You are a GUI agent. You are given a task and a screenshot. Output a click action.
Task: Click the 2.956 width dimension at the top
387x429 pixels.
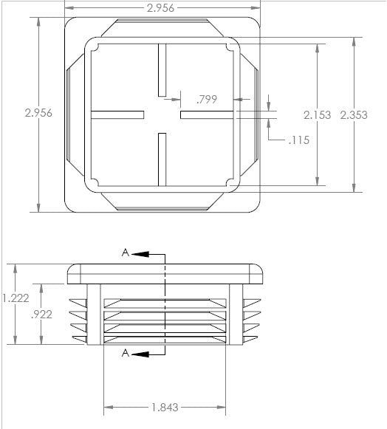click(x=160, y=8)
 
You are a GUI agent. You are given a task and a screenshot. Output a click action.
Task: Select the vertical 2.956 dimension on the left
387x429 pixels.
click(x=38, y=113)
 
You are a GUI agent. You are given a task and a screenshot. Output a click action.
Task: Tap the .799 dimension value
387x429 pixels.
click(x=207, y=100)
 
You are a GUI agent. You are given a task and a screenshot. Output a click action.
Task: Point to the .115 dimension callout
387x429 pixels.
click(x=299, y=140)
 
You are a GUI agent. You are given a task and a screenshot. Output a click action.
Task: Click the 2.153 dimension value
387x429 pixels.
click(x=318, y=115)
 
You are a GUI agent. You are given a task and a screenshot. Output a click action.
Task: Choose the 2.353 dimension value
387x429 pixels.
click(x=354, y=115)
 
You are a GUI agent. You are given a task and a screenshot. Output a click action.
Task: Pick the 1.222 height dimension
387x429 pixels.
click(x=16, y=298)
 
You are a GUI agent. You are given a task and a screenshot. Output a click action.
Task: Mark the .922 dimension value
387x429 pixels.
click(x=41, y=315)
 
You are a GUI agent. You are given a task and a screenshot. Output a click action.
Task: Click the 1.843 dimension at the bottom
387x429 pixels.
click(x=165, y=408)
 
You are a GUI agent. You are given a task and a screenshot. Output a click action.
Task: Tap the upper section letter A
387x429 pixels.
click(x=126, y=253)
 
